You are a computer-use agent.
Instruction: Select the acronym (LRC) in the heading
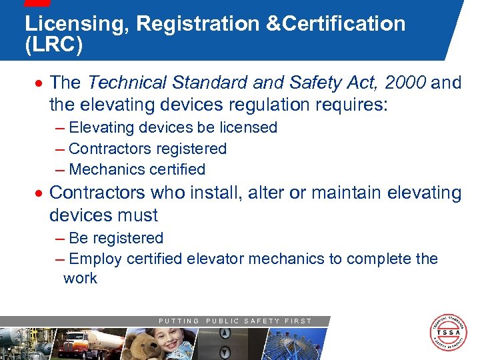tap(54, 47)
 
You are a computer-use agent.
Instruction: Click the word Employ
tap(93, 259)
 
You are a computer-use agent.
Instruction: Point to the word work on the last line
tap(80, 278)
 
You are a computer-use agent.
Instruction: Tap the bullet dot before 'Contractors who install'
tap(41, 193)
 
